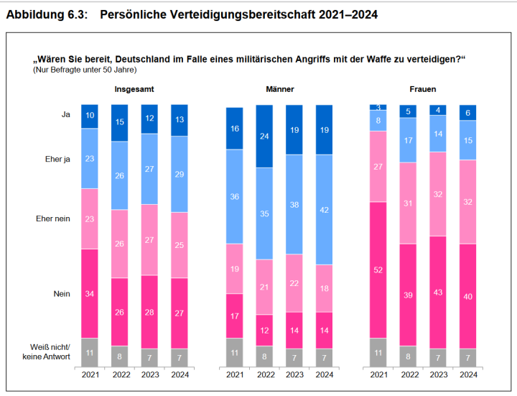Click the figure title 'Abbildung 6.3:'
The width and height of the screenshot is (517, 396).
click(x=47, y=14)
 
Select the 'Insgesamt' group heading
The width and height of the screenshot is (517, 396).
click(x=134, y=89)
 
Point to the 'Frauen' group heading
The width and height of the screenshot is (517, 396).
click(x=423, y=89)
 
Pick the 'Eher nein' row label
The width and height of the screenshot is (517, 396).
click(x=53, y=218)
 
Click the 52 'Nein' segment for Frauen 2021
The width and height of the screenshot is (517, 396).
click(x=378, y=270)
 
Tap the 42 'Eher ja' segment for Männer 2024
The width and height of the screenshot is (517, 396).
click(x=325, y=210)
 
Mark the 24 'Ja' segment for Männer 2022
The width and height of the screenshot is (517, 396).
click(x=265, y=136)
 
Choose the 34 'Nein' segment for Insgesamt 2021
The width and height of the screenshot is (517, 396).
click(x=90, y=293)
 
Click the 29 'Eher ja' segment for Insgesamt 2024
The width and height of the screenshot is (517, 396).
click(x=180, y=174)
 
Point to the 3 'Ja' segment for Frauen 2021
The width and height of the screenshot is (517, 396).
click(x=378, y=107)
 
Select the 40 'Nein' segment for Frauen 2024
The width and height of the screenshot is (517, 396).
click(x=468, y=296)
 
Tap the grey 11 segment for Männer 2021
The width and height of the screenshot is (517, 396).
click(x=235, y=352)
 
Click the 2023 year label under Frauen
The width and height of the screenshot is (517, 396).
click(x=438, y=374)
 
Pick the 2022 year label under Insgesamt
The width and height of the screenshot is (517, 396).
click(x=120, y=374)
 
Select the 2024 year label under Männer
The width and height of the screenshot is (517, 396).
click(x=325, y=374)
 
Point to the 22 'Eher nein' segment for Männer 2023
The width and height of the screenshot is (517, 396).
click(x=295, y=283)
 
